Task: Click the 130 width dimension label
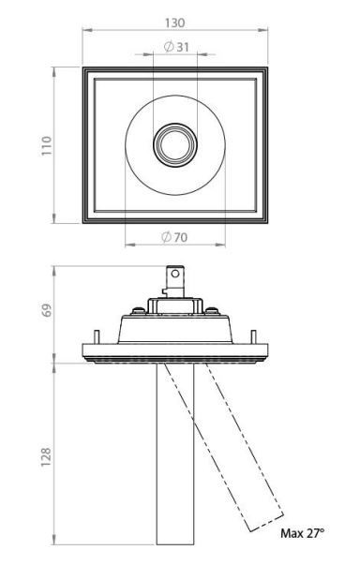174,23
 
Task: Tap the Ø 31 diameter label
176,47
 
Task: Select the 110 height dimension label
47,145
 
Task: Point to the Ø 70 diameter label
174,237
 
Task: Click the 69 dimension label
47,310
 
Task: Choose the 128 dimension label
46,457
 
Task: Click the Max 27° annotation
302,533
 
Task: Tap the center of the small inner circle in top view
175,145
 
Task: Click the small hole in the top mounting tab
175,274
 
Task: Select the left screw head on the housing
137,310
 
